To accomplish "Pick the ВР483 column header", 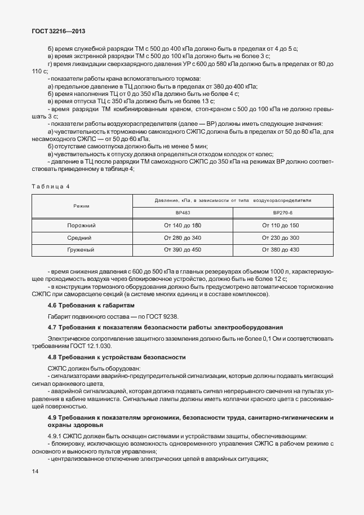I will click(182, 213).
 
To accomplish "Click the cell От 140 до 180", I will click(182, 226).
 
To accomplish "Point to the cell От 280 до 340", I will click(182, 237).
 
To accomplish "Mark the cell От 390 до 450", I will click(182, 249).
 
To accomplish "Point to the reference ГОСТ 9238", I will click(165, 316).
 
